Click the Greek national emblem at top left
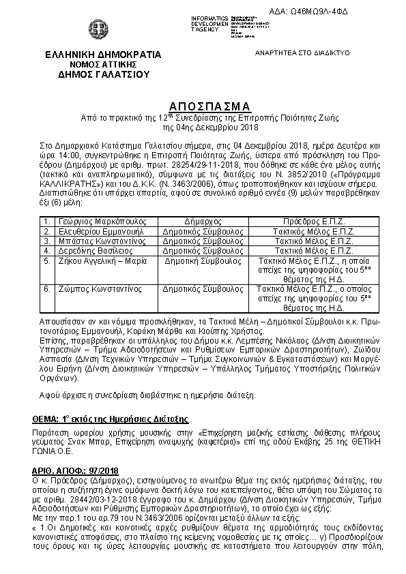[94, 30]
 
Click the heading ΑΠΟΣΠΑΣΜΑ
[209, 106]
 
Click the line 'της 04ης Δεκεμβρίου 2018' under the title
[209, 127]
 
